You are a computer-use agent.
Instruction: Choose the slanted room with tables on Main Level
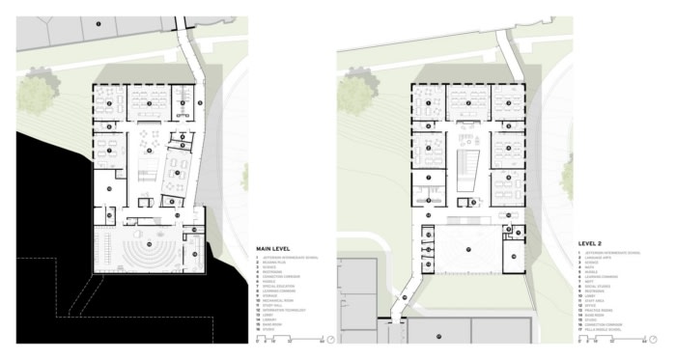point(179,169)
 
